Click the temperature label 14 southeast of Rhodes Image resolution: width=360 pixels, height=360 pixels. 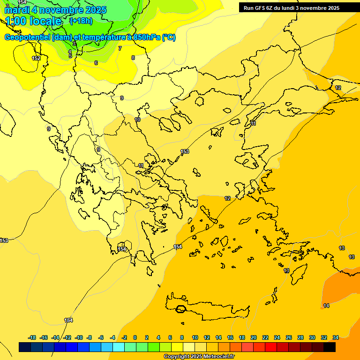point(326,306)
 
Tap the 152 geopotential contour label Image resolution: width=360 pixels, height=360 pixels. point(36,58)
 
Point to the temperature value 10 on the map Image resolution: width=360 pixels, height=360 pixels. point(137,120)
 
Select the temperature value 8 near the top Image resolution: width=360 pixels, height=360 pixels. point(133,58)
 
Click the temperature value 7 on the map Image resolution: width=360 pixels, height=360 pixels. point(120,48)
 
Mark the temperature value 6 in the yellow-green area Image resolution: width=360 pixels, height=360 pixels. point(96,63)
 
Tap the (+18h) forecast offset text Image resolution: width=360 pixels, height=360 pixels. point(81,21)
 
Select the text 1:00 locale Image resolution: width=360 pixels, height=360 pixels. point(33,21)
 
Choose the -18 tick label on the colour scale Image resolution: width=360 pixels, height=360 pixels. point(32,337)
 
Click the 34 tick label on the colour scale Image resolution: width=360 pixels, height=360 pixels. point(336,337)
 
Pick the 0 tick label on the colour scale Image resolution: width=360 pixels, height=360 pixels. point(135,337)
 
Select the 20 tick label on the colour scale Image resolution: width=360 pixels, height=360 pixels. point(254,337)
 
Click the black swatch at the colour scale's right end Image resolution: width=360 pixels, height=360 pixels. point(330,347)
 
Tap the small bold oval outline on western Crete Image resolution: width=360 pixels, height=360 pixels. point(180,309)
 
